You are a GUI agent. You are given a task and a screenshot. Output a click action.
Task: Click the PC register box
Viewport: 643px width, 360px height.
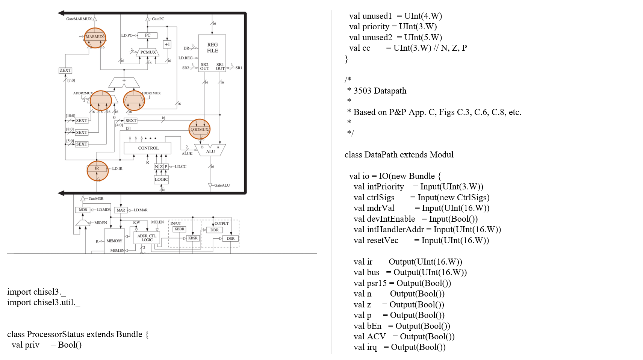pyautogui.click(x=147, y=35)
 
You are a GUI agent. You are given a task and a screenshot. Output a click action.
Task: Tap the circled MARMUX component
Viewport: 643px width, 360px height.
pyautogui.click(x=95, y=37)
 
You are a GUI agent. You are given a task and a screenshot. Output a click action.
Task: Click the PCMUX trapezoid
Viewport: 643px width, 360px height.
pyautogui.click(x=148, y=52)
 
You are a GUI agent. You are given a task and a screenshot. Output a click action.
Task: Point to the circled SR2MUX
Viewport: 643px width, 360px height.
pyautogui.click(x=200, y=129)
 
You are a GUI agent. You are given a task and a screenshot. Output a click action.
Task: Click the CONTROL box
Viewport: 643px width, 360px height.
pyautogui.click(x=148, y=148)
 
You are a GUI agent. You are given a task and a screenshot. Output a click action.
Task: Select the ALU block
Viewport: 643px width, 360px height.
pyautogui.click(x=210, y=150)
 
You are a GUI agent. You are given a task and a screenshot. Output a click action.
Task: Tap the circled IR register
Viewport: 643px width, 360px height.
pyautogui.click(x=97, y=169)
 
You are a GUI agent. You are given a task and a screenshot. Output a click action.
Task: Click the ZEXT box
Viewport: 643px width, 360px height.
pyautogui.click(x=65, y=70)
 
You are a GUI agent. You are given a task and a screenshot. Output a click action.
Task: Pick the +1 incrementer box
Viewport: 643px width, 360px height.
pyautogui.click(x=167, y=44)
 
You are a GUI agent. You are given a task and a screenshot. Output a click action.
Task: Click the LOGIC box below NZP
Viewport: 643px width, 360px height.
pyautogui.click(x=161, y=180)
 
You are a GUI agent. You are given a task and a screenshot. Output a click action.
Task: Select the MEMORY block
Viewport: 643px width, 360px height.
pyautogui.click(x=114, y=241)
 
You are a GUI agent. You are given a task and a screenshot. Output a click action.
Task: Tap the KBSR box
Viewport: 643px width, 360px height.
pyautogui.click(x=193, y=238)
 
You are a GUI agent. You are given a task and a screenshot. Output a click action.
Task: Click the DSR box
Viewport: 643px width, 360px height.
pyautogui.click(x=230, y=239)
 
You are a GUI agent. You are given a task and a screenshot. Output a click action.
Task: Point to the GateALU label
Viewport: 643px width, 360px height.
pyautogui.click(x=222, y=185)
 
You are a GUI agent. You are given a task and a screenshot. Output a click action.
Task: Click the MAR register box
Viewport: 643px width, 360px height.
pyautogui.click(x=121, y=210)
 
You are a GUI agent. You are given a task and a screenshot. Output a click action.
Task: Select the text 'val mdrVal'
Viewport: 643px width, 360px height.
pyautogui.click(x=374, y=208)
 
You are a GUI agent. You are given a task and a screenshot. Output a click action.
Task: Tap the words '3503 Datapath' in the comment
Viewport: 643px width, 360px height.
pyautogui.click(x=380, y=91)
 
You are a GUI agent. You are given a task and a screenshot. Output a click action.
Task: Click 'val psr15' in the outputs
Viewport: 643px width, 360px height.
pyautogui.click(x=370, y=283)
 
